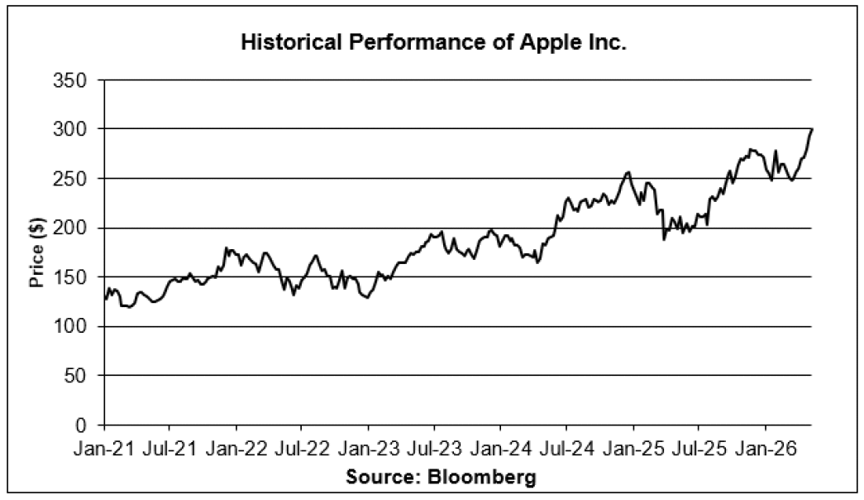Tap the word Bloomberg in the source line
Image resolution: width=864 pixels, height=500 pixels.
(x=481, y=476)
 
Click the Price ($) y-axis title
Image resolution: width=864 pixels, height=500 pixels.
(x=37, y=252)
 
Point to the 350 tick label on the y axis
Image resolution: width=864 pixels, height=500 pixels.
(x=70, y=80)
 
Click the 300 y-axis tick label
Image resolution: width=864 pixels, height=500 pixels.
(x=70, y=129)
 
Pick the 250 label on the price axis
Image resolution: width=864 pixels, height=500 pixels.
(x=70, y=179)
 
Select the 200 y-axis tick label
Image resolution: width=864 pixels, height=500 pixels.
(x=70, y=228)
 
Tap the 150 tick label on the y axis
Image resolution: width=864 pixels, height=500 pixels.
(x=70, y=277)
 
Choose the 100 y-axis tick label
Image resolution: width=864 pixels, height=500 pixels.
(x=70, y=327)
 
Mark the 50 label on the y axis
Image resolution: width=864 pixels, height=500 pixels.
(x=76, y=376)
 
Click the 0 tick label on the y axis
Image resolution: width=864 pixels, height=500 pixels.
(x=82, y=425)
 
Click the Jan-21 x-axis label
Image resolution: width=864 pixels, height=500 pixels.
(x=104, y=449)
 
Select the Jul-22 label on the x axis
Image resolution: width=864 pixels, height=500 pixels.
(x=302, y=449)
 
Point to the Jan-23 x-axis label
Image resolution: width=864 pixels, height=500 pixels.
(x=369, y=449)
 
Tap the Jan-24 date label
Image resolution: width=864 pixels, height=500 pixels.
(x=501, y=449)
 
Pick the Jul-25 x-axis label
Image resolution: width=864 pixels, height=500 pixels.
(x=699, y=449)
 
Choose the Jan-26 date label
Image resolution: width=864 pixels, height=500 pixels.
(x=766, y=449)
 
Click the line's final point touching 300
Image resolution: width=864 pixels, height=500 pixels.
(x=812, y=129)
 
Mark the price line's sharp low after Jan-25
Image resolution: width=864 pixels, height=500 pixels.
(x=664, y=239)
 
